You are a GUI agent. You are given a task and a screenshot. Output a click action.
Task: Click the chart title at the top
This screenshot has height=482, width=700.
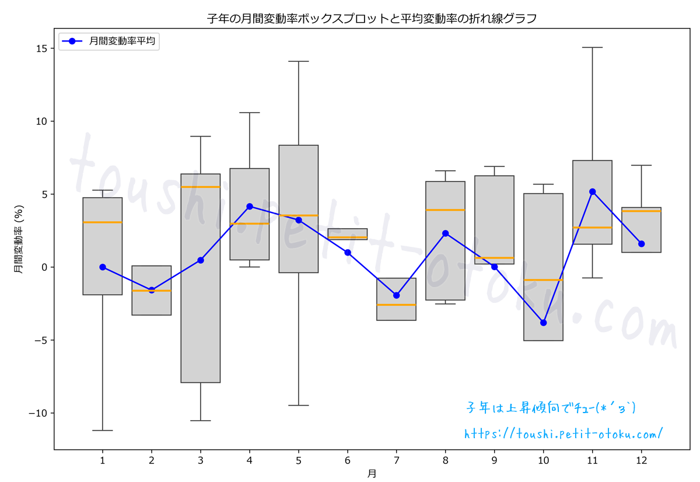372,19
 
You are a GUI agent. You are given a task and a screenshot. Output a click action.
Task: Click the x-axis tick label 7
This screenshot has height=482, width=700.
397,460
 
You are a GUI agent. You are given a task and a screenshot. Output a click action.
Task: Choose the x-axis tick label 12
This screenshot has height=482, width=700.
641,460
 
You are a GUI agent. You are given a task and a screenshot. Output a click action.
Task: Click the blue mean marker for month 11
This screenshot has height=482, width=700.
593,191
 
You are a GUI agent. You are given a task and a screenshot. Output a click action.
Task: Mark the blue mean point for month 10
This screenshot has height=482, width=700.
544,323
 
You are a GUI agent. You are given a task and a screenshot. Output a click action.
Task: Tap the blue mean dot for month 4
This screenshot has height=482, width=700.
250,206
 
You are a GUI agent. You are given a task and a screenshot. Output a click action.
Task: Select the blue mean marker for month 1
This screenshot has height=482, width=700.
103,267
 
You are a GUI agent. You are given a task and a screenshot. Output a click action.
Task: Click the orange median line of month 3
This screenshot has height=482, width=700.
201,187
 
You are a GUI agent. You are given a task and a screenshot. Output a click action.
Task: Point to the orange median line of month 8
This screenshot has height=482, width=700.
446,209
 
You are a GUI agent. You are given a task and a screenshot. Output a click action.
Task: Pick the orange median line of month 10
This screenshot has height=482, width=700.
544,280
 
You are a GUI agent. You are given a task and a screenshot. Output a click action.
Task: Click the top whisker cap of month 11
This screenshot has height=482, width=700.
593,47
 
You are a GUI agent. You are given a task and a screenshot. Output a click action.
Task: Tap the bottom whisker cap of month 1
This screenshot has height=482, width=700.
103,430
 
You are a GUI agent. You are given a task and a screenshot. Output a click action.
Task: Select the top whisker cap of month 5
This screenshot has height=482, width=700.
299,61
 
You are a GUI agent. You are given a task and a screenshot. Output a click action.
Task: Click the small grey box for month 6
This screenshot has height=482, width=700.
348,233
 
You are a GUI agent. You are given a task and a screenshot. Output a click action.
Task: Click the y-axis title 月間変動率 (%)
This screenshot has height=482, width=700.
19,242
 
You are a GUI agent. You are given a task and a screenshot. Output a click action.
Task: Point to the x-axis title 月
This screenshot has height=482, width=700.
372,473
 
